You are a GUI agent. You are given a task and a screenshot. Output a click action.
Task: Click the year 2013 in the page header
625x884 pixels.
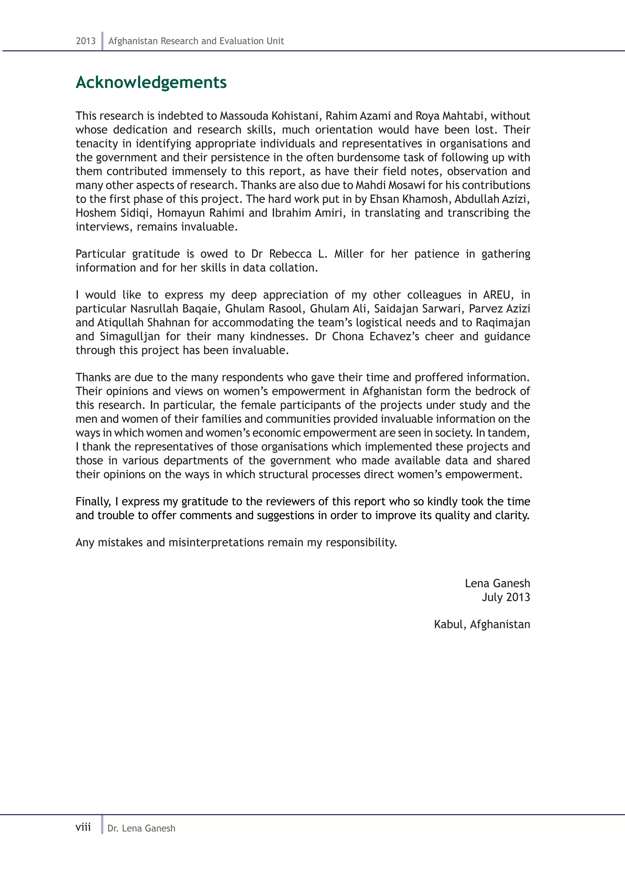[x=85, y=41]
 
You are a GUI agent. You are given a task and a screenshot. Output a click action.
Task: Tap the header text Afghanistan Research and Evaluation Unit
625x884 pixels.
[x=196, y=41]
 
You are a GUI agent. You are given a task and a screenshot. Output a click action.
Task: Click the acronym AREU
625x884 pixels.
[x=498, y=295]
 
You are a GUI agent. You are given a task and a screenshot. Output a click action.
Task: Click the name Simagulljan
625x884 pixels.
[x=130, y=336]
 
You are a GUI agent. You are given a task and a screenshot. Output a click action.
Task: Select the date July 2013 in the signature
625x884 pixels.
[x=506, y=597]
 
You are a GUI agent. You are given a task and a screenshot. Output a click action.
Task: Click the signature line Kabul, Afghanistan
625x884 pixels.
[x=482, y=624]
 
